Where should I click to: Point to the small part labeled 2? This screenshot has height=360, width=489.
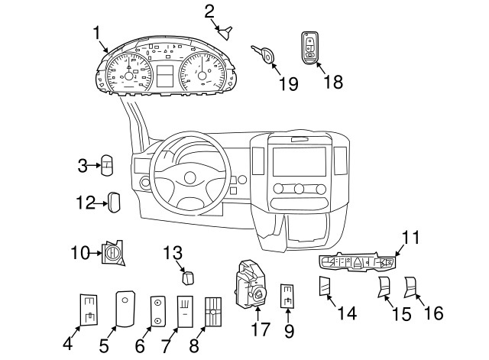[227, 31]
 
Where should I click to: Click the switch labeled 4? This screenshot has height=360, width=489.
[90, 310]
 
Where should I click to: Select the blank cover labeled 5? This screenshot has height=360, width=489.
[125, 309]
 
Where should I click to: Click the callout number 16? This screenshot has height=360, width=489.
[433, 313]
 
